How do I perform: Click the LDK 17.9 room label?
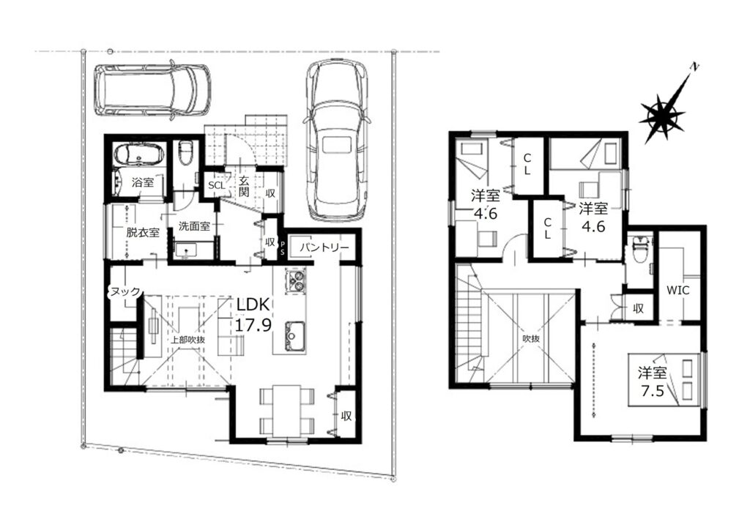pyautogui.click(x=253, y=315)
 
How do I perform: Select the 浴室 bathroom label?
pyautogui.click(x=143, y=182)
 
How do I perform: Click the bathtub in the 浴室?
pyautogui.click(x=138, y=154)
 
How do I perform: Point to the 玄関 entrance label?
pyautogui.click(x=244, y=187)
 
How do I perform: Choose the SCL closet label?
pyautogui.click(x=216, y=185)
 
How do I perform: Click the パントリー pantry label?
pyautogui.click(x=324, y=247)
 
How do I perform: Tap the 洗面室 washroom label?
pyautogui.click(x=194, y=226)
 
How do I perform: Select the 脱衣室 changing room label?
pyautogui.click(x=143, y=233)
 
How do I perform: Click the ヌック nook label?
pyautogui.click(x=125, y=291)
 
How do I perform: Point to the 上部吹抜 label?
pyautogui.click(x=188, y=340)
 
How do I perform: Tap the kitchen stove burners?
pyautogui.click(x=296, y=280)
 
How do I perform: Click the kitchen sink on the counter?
pyautogui.click(x=296, y=337)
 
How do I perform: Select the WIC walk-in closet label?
pyautogui.click(x=678, y=290)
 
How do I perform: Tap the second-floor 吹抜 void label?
pyautogui.click(x=531, y=338)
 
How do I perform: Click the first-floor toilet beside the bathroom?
pyautogui.click(x=185, y=152)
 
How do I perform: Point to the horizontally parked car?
pyautogui.click(x=152, y=89)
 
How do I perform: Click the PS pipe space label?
pyautogui.click(x=282, y=248)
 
